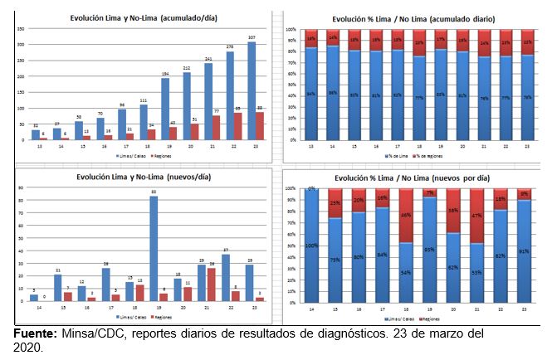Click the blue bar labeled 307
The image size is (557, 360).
click(252, 91)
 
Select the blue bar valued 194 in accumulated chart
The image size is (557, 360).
click(165, 109)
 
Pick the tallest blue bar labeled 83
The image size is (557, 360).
click(154, 248)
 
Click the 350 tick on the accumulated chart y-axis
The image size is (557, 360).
click(19, 27)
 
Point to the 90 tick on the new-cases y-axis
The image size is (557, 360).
click(19, 188)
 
